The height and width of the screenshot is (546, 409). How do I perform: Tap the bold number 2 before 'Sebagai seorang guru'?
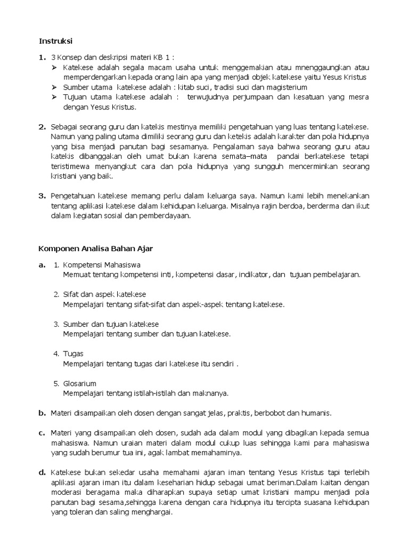(x=42, y=127)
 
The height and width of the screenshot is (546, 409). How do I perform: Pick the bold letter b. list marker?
(x=42, y=413)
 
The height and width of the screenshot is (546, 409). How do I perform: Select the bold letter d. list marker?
(x=42, y=472)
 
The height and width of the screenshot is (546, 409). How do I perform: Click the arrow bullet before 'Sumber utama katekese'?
(x=55, y=87)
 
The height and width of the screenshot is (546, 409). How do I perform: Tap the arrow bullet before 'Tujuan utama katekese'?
(x=55, y=97)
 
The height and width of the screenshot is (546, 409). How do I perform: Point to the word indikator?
(x=253, y=275)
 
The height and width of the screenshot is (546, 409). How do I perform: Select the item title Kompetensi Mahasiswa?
(x=102, y=264)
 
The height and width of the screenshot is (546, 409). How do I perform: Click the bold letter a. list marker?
(x=42, y=264)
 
